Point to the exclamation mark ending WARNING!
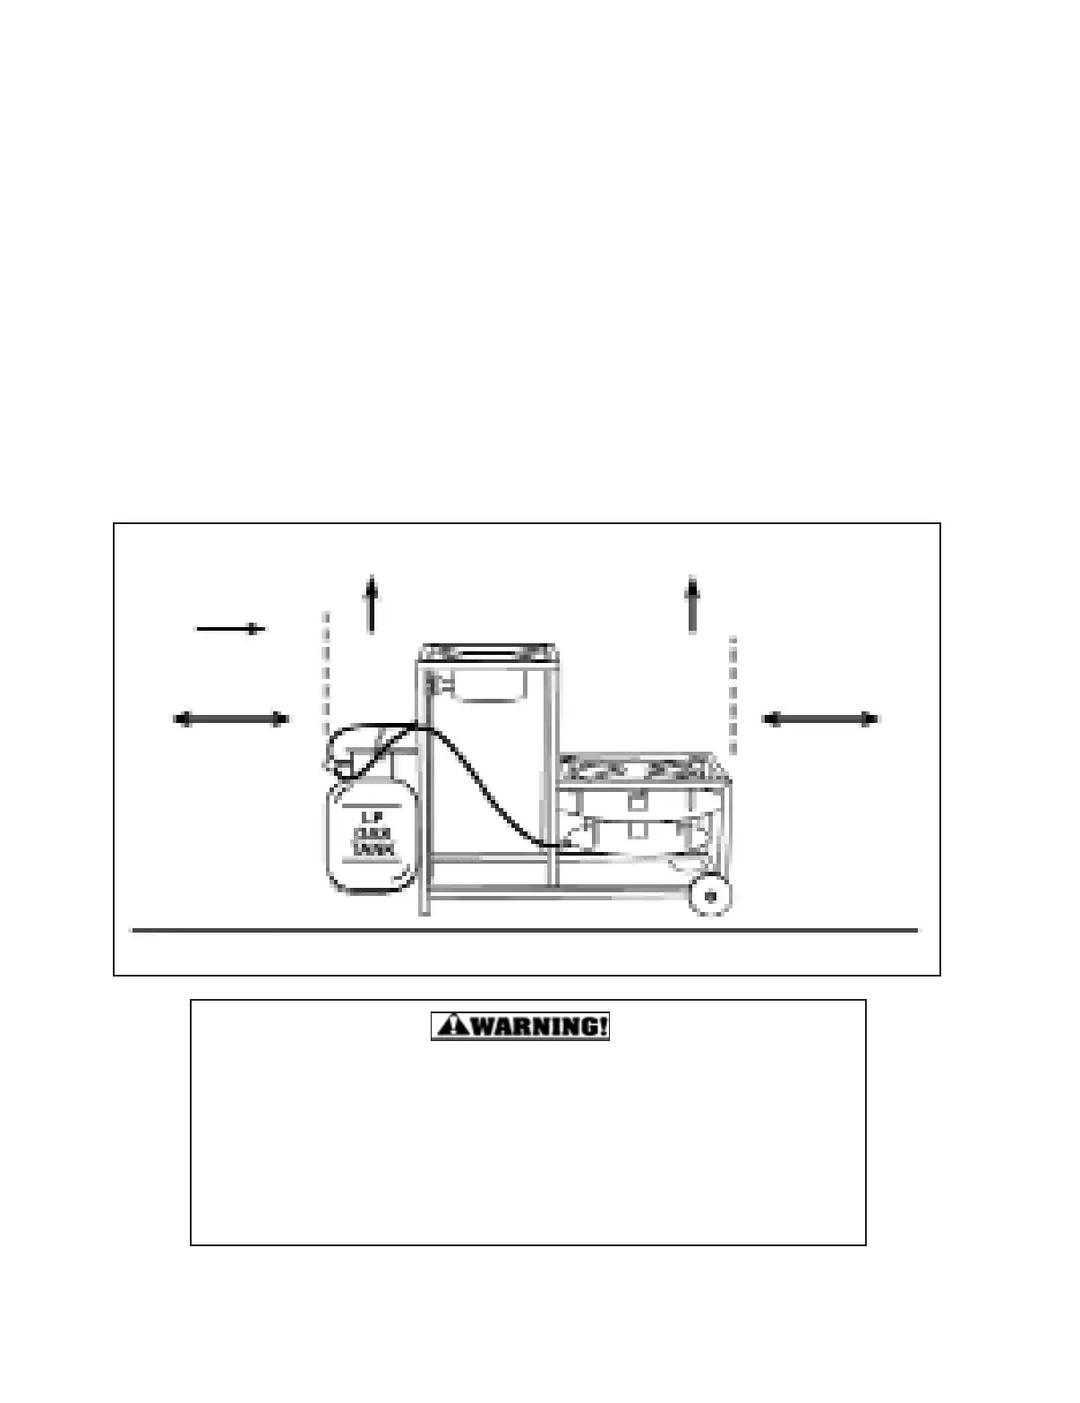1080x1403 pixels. click(602, 1026)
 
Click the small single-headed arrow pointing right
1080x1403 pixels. click(230, 629)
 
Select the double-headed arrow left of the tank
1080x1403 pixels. click(231, 719)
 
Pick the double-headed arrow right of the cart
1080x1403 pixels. click(820, 719)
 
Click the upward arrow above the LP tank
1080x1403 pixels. click(371, 606)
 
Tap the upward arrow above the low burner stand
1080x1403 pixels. click(691, 606)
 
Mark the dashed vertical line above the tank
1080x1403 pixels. click(326, 667)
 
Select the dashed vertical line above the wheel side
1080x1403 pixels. click(733, 694)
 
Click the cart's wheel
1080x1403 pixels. click(711, 896)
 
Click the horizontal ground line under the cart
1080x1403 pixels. click(524, 931)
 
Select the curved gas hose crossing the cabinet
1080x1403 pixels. click(488, 788)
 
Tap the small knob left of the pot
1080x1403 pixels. click(434, 684)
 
